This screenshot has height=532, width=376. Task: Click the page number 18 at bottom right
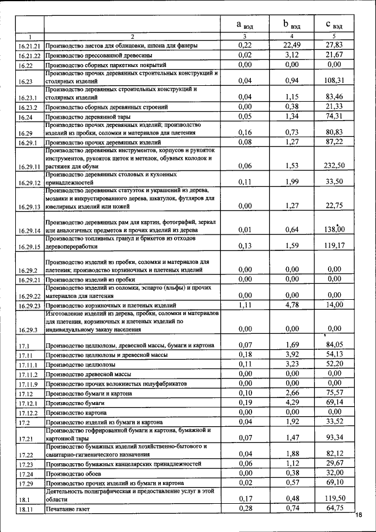pos(359,516)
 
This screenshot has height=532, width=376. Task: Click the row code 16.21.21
pos(28,46)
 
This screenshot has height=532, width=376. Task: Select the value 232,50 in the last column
pos(334,166)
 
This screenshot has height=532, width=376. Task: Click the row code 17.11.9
pos(28,383)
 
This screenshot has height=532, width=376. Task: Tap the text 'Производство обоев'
pos(72,473)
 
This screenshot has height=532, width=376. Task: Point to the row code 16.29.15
pos(28,247)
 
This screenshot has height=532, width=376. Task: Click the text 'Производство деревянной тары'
pos(86,118)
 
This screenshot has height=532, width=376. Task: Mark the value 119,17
pos(334,246)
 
